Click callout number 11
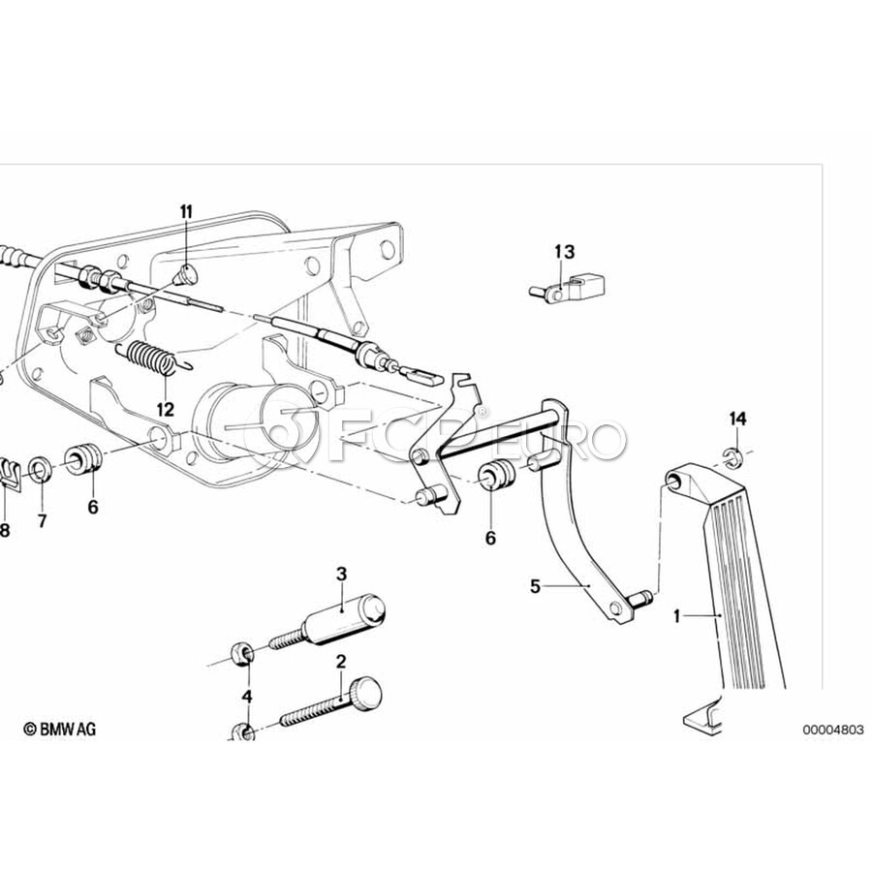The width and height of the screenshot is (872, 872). click(186, 211)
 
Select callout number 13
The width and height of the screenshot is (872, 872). click(564, 252)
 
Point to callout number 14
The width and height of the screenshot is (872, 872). click(738, 419)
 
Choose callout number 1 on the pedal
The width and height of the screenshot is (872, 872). click(679, 614)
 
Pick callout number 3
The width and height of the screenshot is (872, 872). click(341, 574)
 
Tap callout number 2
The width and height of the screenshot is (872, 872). click(341, 663)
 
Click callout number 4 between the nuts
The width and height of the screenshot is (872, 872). click(246, 696)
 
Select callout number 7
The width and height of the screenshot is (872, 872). click(42, 521)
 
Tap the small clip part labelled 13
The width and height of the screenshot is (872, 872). click(572, 287)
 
